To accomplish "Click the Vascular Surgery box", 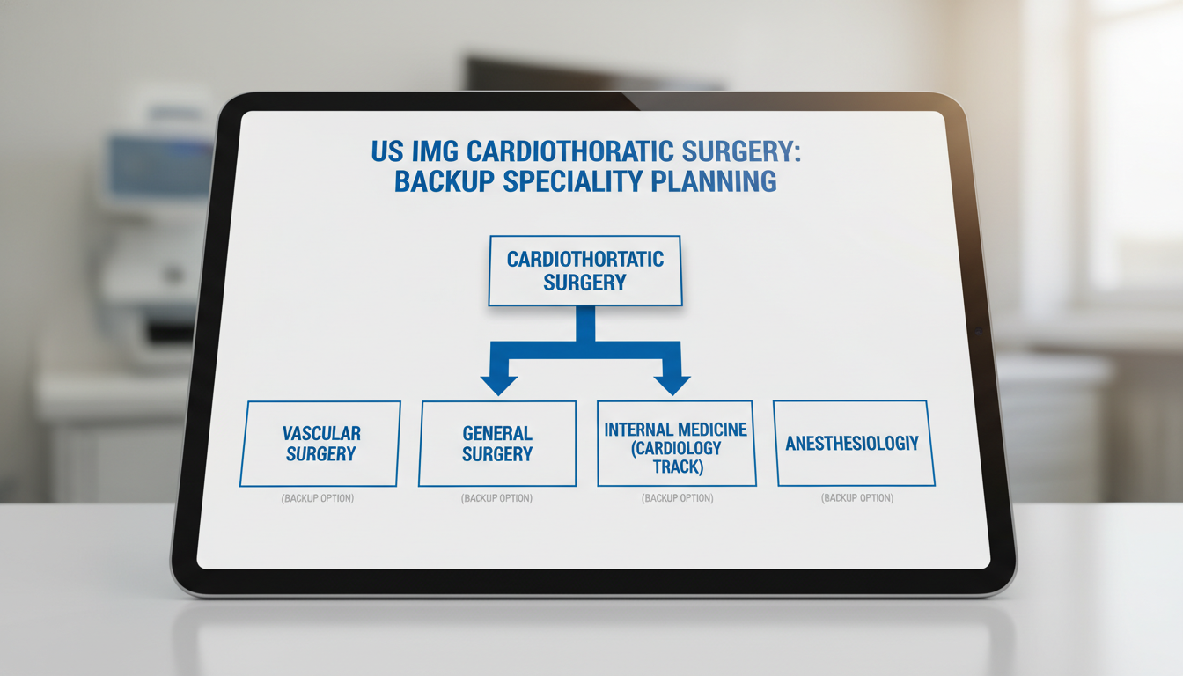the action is point(320,444).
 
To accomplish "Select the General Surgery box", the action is point(497,444).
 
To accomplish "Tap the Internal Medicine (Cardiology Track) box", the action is point(676,444).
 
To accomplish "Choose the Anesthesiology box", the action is point(853,444).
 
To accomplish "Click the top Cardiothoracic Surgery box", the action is point(584,271).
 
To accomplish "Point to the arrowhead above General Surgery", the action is point(498,384).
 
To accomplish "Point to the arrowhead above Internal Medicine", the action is point(672,384).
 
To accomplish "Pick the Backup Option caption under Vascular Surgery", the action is point(318,498).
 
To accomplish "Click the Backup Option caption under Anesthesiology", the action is point(856,498).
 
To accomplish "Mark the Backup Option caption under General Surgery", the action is point(496,498).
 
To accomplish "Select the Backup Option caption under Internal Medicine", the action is point(677,498).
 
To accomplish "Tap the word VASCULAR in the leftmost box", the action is point(321,433).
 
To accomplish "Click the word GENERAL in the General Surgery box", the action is point(497,433).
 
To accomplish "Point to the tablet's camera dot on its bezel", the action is point(978,331).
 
